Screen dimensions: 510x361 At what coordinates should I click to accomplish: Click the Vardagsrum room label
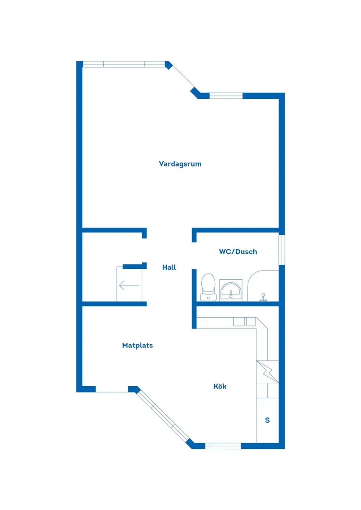click(180, 164)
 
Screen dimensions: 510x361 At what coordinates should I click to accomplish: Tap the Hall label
click(169, 267)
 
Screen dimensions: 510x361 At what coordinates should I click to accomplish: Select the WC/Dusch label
click(238, 252)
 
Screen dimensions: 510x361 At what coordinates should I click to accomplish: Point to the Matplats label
click(137, 345)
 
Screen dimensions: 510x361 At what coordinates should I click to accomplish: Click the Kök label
click(220, 386)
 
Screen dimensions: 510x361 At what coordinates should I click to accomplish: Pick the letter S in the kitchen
click(267, 420)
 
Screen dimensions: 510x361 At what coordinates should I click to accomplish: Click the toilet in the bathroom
click(208, 287)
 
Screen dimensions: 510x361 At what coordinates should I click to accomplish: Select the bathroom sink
click(231, 290)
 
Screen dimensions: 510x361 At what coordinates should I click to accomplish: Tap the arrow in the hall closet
click(129, 286)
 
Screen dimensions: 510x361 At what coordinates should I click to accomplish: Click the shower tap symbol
click(263, 297)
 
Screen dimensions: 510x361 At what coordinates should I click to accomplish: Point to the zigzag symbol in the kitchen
click(267, 371)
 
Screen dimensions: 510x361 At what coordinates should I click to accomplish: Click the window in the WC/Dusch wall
click(282, 250)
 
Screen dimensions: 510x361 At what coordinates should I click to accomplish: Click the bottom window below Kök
click(223, 446)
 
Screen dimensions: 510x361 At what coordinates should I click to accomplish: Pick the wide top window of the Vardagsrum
click(124, 64)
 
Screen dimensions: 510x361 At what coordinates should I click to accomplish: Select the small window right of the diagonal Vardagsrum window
click(226, 96)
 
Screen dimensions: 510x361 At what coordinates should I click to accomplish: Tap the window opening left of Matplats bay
click(112, 389)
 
